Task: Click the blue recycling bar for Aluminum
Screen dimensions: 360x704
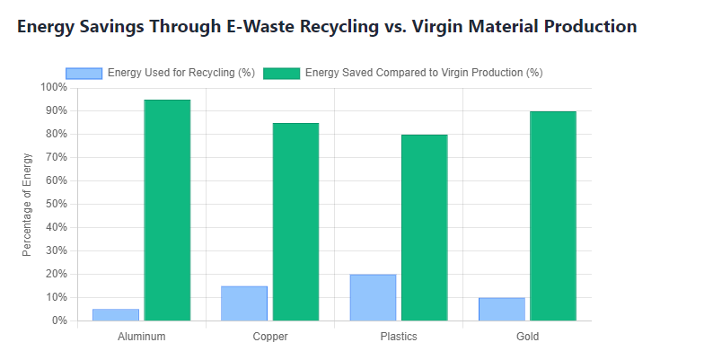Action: pyautogui.click(x=116, y=314)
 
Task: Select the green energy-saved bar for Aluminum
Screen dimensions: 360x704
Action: pyautogui.click(x=167, y=210)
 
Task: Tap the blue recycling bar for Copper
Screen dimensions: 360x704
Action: pyautogui.click(x=244, y=303)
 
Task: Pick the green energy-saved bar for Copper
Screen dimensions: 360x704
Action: pyautogui.click(x=295, y=222)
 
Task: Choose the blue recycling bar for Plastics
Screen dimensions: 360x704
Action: pyautogui.click(x=373, y=297)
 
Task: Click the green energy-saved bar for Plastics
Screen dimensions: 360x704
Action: pyautogui.click(x=424, y=227)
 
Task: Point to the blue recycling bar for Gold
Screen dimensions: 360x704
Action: pyautogui.click(x=501, y=309)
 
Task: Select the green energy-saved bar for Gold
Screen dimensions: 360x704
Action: pyautogui.click(x=552, y=215)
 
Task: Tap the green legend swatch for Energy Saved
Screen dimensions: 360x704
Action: pyautogui.click(x=281, y=73)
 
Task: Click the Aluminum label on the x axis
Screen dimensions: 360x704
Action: pyautogui.click(x=142, y=337)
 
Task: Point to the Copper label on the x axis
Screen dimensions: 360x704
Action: pyautogui.click(x=270, y=337)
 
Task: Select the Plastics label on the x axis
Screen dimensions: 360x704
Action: pyautogui.click(x=399, y=337)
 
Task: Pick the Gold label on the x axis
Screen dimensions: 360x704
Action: pyautogui.click(x=527, y=337)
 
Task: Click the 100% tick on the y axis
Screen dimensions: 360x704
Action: pyautogui.click(x=52, y=88)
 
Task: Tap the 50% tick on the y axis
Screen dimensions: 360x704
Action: pyautogui.click(x=55, y=204)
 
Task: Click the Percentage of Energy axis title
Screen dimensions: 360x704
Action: pyautogui.click(x=27, y=204)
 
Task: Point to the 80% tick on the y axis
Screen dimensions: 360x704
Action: pyautogui.click(x=55, y=135)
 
